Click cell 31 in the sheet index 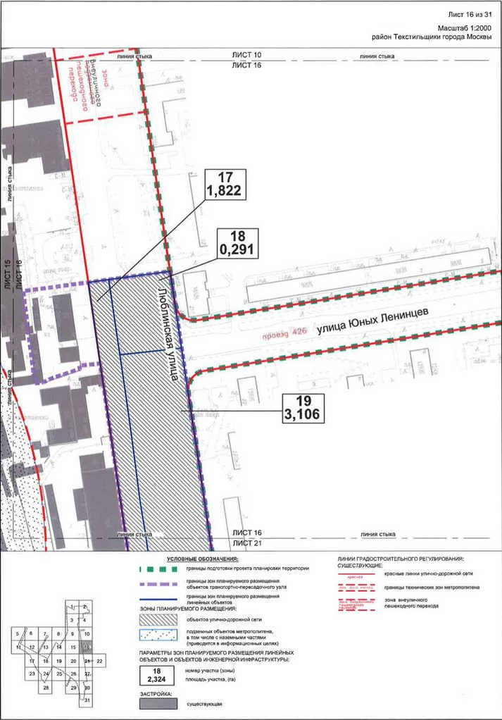coord(87,701)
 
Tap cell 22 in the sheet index coord(100,661)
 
